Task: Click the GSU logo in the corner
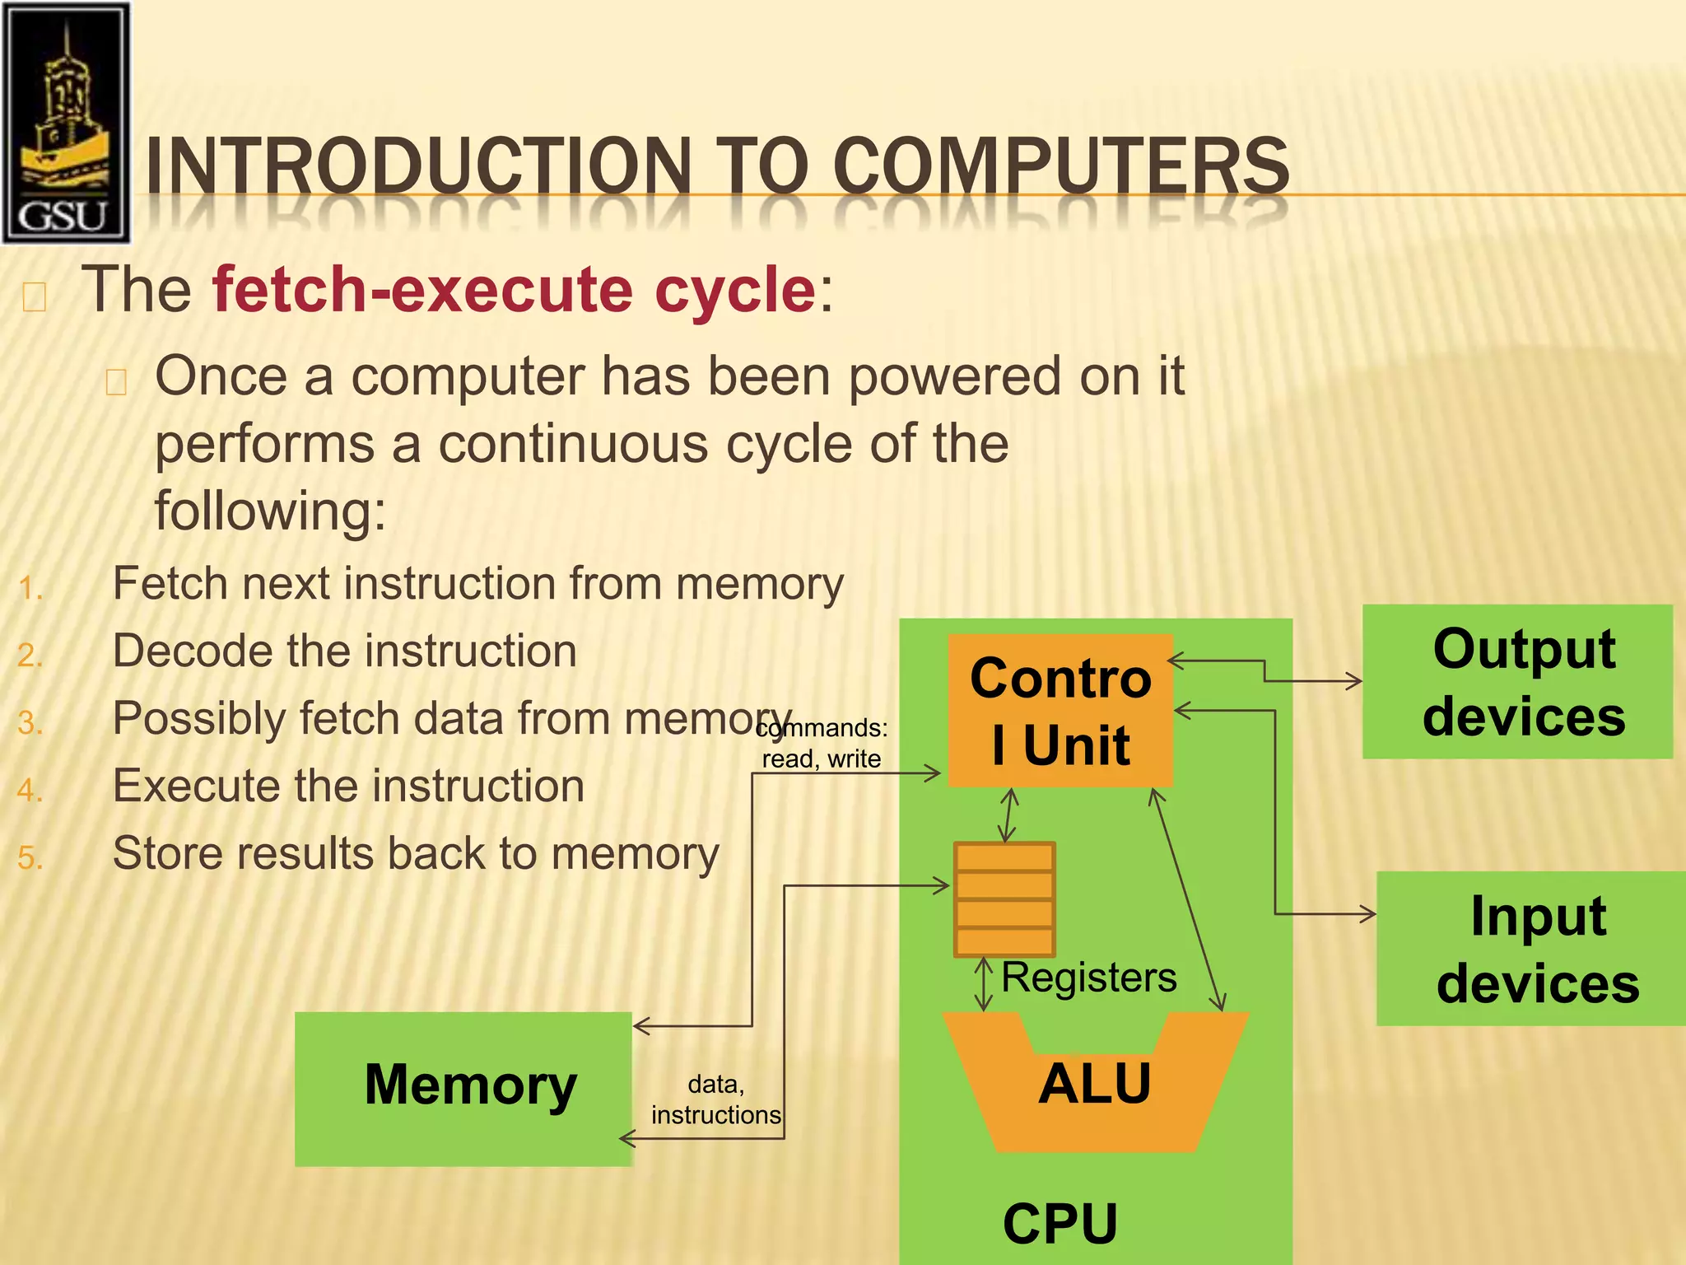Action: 66,122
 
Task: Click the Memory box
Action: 463,1087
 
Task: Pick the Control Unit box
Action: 1060,710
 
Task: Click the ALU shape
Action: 1094,1084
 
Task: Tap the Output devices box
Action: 1517,682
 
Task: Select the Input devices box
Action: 1531,949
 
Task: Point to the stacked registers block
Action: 1004,899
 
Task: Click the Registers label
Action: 1088,978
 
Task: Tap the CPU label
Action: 1060,1224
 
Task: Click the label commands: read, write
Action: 822,743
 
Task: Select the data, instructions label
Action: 715,1099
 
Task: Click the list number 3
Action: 29,723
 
